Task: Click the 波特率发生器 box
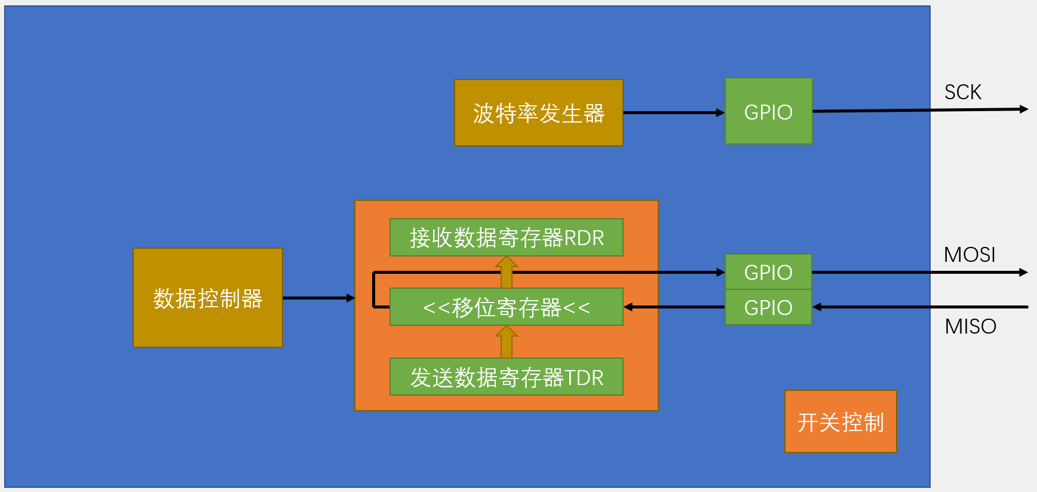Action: (x=538, y=113)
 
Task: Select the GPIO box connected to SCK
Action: (x=768, y=111)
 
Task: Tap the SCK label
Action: (x=962, y=92)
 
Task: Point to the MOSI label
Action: (x=969, y=255)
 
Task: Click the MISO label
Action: (x=970, y=326)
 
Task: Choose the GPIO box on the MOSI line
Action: (x=768, y=272)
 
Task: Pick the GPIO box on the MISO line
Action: (x=768, y=307)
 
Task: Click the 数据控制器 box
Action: (x=207, y=298)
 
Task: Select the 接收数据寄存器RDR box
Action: (x=506, y=237)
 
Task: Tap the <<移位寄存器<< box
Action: (x=506, y=307)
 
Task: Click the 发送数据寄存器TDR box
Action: (x=506, y=377)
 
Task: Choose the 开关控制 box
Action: (x=840, y=422)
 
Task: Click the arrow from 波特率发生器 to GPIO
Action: (x=673, y=112)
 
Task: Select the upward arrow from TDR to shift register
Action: (x=506, y=342)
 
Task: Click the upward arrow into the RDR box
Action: (x=506, y=273)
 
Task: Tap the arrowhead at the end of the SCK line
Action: (x=1023, y=109)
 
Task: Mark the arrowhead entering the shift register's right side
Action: (x=628, y=307)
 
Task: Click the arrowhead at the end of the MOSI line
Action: (x=1023, y=272)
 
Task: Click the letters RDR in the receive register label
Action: (x=584, y=238)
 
